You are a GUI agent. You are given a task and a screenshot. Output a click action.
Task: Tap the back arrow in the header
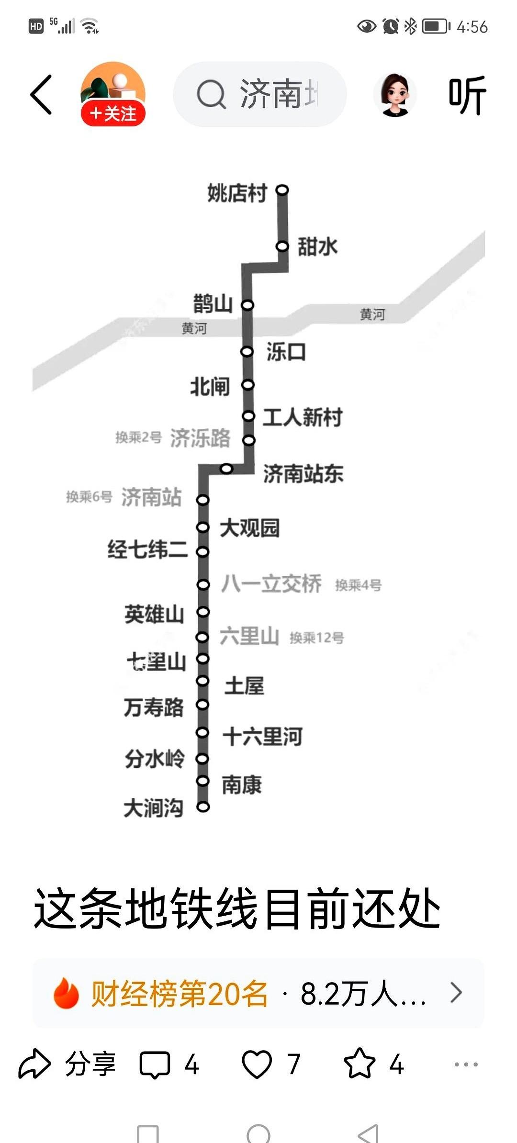[x=41, y=95]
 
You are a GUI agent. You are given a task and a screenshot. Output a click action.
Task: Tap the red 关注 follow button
[x=113, y=114]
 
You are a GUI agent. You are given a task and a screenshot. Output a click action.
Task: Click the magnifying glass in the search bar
[x=211, y=94]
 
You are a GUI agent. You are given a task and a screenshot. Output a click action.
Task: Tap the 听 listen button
[x=467, y=95]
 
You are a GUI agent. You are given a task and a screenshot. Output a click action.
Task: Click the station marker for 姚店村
[x=282, y=190]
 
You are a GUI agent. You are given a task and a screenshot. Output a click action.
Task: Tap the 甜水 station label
[x=317, y=247]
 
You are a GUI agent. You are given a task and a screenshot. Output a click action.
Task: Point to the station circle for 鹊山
[x=247, y=305]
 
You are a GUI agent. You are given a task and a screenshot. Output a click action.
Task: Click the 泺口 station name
[x=286, y=352]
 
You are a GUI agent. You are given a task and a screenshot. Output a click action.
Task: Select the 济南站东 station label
[x=303, y=474]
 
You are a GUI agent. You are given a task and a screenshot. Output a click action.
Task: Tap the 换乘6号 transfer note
[x=89, y=497]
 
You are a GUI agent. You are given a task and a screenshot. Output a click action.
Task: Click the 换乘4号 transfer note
[x=358, y=585]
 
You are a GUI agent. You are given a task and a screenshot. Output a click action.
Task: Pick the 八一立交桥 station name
[x=271, y=584]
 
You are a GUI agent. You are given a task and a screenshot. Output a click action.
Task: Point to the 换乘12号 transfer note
[x=316, y=638]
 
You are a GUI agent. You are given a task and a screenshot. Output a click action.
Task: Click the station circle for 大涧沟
[x=203, y=807]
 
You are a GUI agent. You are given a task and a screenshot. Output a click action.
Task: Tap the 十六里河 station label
[x=262, y=736]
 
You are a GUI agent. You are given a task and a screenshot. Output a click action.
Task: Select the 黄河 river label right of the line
[x=372, y=314]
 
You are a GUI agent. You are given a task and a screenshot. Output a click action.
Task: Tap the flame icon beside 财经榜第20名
[x=66, y=993]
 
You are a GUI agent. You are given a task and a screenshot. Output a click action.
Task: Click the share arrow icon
[x=34, y=1064]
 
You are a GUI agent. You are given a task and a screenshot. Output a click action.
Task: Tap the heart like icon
[x=257, y=1064]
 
